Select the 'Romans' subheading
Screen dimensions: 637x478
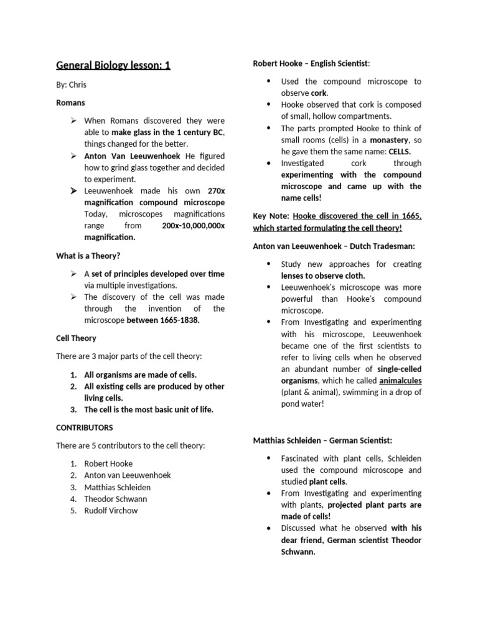(70, 103)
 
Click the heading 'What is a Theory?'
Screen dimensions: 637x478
(88, 255)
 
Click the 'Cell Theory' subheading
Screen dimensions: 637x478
(76, 338)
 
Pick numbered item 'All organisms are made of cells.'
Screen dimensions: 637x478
(140, 374)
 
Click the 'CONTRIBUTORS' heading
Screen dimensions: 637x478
(85, 428)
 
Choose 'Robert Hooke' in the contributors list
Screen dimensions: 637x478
(108, 463)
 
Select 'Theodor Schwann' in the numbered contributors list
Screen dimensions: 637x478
(116, 499)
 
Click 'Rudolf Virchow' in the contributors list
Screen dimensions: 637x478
(111, 511)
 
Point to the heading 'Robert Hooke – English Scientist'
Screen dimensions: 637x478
(311, 63)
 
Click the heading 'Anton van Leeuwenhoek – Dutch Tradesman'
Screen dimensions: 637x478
(334, 246)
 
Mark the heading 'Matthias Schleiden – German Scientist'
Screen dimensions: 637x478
(322, 440)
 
